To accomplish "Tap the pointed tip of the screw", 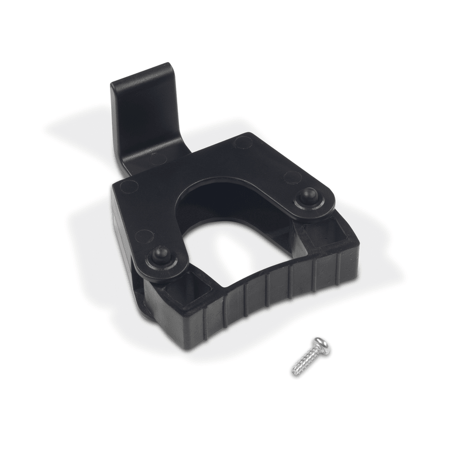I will pyautogui.click(x=294, y=372).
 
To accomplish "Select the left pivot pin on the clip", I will pyautogui.click(x=160, y=256).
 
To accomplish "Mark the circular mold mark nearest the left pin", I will pyautogui.click(x=144, y=236).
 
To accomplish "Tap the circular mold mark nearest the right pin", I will pyautogui.click(x=292, y=177).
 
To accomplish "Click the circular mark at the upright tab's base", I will pyautogui.click(x=158, y=158).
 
